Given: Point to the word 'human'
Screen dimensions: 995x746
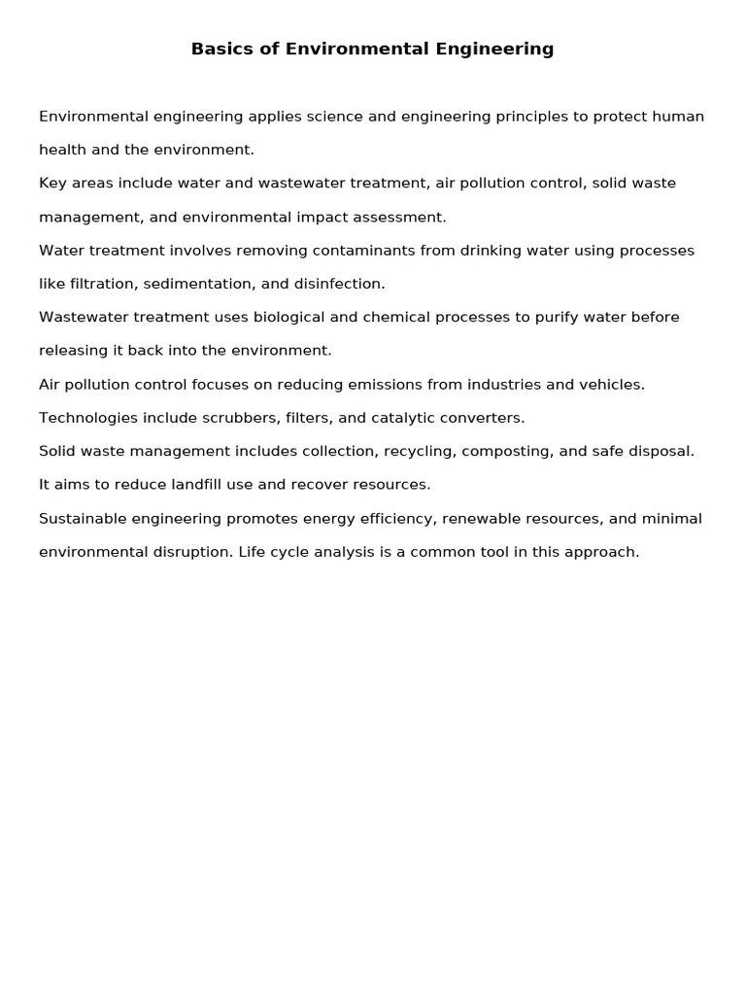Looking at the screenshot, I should [678, 117].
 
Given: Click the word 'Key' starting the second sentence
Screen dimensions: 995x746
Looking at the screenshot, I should [51, 184].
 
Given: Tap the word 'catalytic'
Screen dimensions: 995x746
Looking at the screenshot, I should [403, 418].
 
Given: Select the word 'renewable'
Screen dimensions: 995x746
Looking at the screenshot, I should [476, 518].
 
